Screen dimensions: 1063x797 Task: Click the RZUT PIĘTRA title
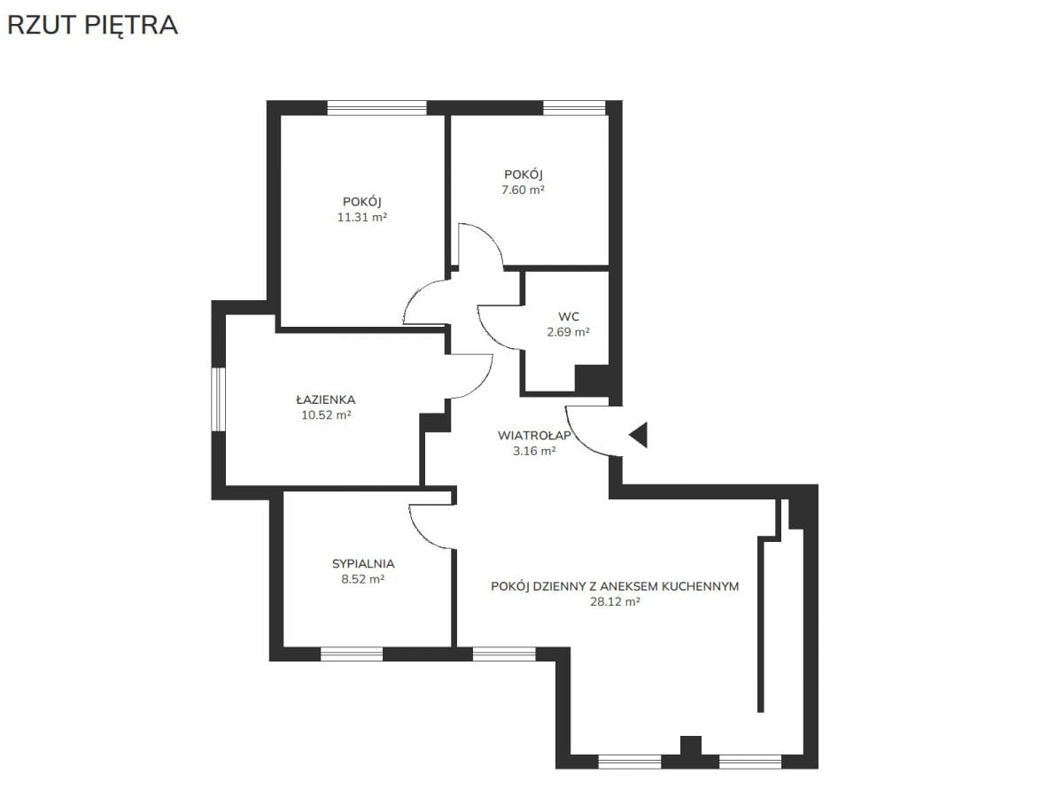(x=92, y=27)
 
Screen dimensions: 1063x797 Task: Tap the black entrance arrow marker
(x=639, y=435)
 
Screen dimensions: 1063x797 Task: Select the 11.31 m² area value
(x=362, y=217)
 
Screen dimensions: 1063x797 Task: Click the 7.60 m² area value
(x=523, y=190)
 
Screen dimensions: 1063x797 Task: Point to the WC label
(x=569, y=317)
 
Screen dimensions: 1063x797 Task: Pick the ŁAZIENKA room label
(x=326, y=399)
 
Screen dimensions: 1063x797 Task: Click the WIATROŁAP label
(x=534, y=436)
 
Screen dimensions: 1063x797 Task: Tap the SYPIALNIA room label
(x=363, y=564)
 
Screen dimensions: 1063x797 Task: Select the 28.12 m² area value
(x=615, y=602)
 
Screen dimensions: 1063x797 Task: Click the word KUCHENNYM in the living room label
(x=701, y=586)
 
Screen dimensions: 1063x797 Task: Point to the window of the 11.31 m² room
(x=376, y=107)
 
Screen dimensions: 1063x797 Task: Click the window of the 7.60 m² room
(x=574, y=107)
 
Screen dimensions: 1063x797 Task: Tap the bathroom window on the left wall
(x=219, y=399)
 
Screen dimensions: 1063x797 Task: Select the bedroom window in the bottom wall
(x=352, y=654)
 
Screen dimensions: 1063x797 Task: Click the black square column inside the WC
(x=592, y=378)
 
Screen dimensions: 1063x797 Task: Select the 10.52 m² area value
(x=326, y=415)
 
